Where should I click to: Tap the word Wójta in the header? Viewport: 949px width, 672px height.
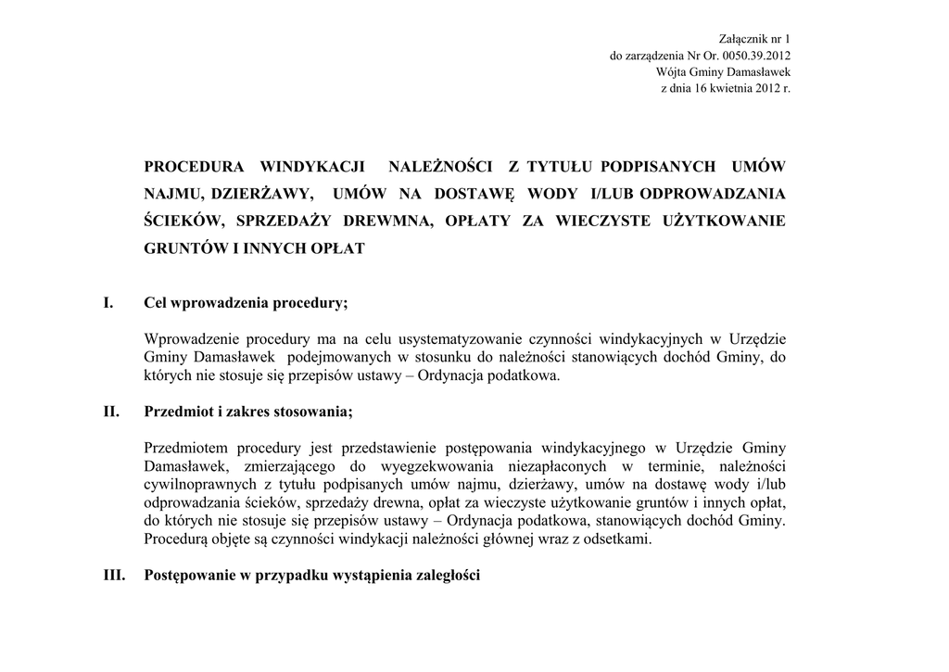pyautogui.click(x=671, y=72)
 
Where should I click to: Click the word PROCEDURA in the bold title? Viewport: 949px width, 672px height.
pyautogui.click(x=194, y=167)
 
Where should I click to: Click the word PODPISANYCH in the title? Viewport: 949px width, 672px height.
pyautogui.click(x=658, y=167)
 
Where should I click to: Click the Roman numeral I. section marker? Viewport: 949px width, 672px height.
pyautogui.click(x=108, y=303)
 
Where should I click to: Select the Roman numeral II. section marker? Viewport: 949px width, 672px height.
pyautogui.click(x=111, y=412)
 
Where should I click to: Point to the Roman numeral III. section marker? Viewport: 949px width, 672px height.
pyautogui.click(x=114, y=575)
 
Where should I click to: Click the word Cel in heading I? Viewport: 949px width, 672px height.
pyautogui.click(x=155, y=303)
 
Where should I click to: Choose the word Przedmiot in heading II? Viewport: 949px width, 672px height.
pyautogui.click(x=177, y=412)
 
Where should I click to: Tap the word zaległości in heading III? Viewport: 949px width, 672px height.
pyautogui.click(x=449, y=575)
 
